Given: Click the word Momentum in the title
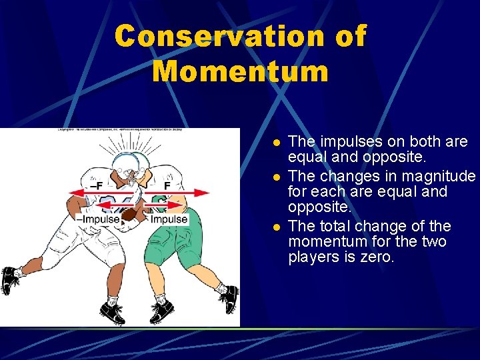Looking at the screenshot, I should click(x=240, y=71).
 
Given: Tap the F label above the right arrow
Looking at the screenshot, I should click(x=168, y=185).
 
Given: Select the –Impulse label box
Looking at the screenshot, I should click(x=98, y=219).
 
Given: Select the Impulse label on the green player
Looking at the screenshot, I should click(x=169, y=219).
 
